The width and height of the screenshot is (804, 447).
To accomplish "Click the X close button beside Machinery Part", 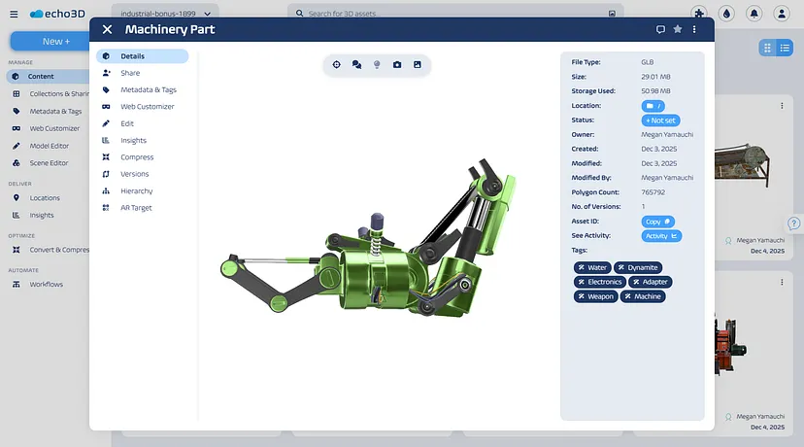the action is point(107,30).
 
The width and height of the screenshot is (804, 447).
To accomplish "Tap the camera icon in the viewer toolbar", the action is point(397,65).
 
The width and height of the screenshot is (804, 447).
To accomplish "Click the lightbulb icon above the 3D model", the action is point(377,65).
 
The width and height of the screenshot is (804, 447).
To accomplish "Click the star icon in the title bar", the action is point(678,29).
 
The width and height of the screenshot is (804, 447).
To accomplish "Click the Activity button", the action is point(661,236).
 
